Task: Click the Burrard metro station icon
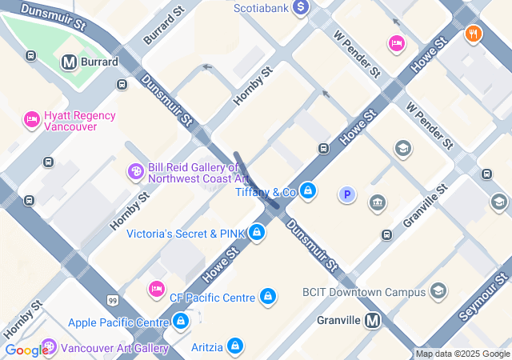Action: tap(69, 62)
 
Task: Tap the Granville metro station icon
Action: tap(372, 321)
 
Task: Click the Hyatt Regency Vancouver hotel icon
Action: tap(32, 119)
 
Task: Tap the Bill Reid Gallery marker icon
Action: tap(136, 171)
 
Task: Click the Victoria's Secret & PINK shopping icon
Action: tap(257, 233)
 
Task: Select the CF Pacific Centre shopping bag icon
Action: tap(268, 297)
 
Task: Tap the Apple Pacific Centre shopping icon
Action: tap(181, 322)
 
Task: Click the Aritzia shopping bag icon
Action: tap(234, 346)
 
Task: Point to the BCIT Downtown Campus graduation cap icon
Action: tap(438, 291)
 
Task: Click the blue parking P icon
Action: tap(346, 194)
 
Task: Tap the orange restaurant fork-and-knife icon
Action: tap(474, 34)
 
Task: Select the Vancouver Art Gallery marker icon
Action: tap(50, 347)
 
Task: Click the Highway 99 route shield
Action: tap(111, 299)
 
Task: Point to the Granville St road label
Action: tap(423, 206)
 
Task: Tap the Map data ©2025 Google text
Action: tap(462, 354)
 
